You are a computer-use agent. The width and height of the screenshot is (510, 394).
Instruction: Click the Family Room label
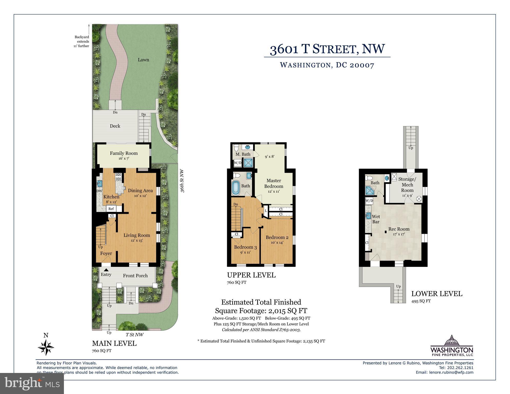pyautogui.click(x=124, y=153)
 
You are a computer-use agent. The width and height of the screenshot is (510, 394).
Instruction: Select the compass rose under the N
pyautogui.click(x=46, y=348)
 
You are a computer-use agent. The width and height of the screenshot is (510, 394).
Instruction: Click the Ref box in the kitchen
pyautogui.click(x=111, y=209)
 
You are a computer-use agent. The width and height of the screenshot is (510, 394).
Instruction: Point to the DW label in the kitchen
pyautogui.click(x=99, y=191)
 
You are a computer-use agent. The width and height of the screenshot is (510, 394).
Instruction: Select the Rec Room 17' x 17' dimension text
pyautogui.click(x=399, y=234)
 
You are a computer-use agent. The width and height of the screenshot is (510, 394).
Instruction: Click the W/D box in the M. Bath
pyautogui.click(x=237, y=163)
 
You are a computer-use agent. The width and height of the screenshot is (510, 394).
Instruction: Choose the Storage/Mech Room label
pyautogui.click(x=407, y=185)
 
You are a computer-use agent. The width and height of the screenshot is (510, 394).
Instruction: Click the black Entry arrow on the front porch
pyautogui.click(x=106, y=270)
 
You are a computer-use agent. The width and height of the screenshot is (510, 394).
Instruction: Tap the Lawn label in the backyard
pyautogui.click(x=143, y=60)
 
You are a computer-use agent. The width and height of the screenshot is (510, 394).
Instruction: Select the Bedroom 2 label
pyautogui.click(x=277, y=237)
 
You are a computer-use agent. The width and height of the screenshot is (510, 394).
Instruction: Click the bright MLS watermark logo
pyautogui.click(x=32, y=383)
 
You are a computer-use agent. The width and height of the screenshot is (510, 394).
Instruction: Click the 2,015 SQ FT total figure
pyautogui.click(x=287, y=311)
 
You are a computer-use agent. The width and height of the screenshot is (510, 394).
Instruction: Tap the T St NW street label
pyautogui.click(x=134, y=335)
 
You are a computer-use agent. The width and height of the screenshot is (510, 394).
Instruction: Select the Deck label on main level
pyautogui.click(x=115, y=126)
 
